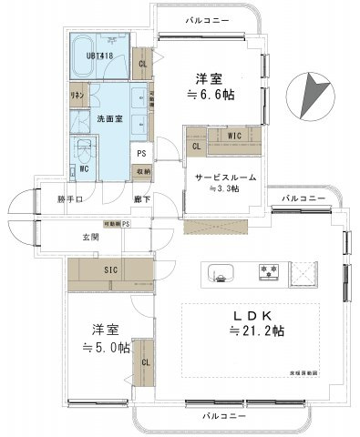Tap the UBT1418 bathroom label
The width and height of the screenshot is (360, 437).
click(x=101, y=56)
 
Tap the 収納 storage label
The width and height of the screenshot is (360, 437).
click(x=144, y=170)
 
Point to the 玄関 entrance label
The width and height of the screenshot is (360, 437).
click(x=90, y=238)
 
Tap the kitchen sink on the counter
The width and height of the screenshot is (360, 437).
click(x=221, y=270)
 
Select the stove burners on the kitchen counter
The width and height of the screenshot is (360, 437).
click(x=271, y=270)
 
